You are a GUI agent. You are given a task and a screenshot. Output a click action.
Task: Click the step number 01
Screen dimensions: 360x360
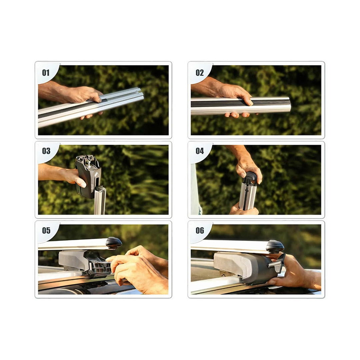tap(46, 73)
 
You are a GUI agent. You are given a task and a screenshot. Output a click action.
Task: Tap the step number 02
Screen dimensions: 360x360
tap(200, 73)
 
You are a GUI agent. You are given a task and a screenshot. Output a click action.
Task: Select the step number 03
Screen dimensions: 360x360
tap(46, 151)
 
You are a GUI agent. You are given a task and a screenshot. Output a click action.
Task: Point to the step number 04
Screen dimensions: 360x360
tap(200, 151)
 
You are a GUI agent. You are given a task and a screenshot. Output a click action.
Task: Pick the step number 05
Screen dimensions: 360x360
tap(46, 231)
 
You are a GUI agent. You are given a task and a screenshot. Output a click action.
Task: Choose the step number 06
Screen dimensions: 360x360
tap(200, 231)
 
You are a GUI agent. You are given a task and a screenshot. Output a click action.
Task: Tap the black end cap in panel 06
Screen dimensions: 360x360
tap(275, 247)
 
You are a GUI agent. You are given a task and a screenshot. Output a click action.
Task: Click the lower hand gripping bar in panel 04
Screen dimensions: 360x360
tap(243, 209)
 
